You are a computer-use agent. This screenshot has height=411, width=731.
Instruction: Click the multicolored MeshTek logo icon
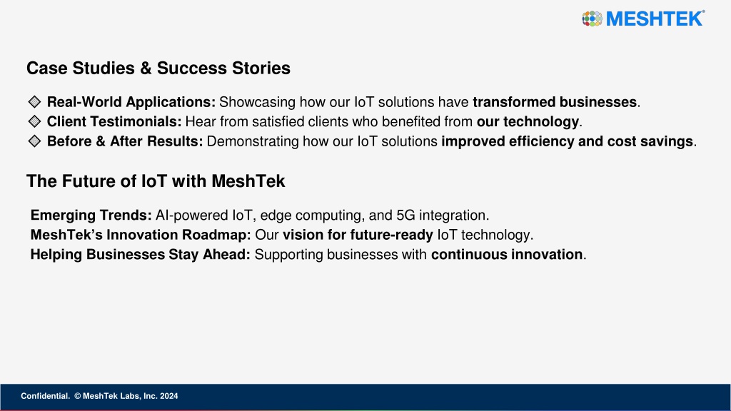(592, 19)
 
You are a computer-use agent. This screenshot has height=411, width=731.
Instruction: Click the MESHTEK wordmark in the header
(655, 19)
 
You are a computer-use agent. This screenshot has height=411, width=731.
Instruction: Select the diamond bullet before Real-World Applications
(34, 101)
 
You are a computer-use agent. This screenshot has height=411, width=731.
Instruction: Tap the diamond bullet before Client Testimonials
(34, 121)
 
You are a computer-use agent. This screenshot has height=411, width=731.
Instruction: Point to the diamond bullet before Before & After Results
(34, 141)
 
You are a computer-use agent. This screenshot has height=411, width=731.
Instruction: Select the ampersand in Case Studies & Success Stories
(146, 68)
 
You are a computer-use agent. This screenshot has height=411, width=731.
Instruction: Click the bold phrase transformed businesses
(555, 101)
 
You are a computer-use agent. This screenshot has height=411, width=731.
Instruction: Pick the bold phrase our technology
(528, 121)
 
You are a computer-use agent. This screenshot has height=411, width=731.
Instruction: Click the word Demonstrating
(252, 141)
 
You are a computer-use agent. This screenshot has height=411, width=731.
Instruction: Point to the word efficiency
(542, 141)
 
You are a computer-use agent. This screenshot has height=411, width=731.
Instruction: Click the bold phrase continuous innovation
(507, 255)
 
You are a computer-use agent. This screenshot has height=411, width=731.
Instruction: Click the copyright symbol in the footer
(78, 396)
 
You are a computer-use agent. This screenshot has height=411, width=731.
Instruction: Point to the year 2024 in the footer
(168, 396)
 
